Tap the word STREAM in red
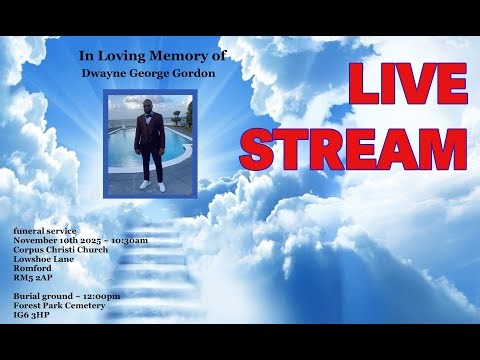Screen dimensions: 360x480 point(354,146)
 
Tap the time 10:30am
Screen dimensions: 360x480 point(130,241)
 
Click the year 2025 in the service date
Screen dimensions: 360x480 point(93,241)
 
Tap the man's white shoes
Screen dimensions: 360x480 point(151,185)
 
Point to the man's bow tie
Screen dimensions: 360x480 point(150,117)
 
